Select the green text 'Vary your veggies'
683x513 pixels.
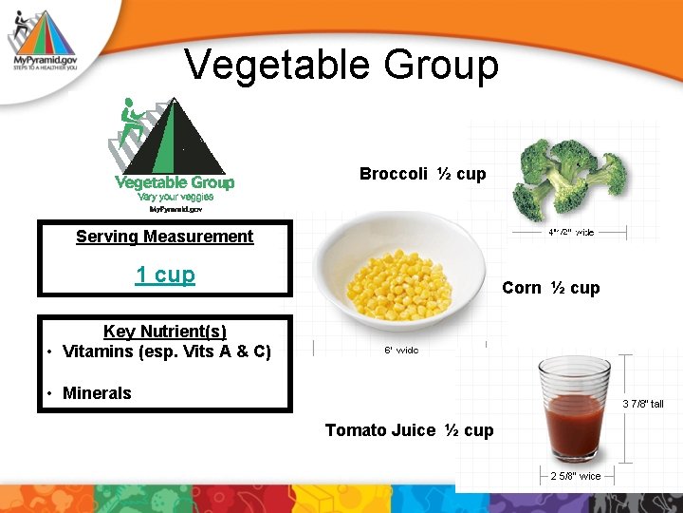tap(175, 197)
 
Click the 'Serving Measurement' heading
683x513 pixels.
tap(164, 237)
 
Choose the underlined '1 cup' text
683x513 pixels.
tap(165, 275)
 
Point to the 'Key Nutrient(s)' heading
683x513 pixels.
tap(164, 332)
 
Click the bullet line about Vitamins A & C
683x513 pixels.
tap(166, 351)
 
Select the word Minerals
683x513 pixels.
tap(97, 393)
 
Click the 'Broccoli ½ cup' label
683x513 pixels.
tap(422, 174)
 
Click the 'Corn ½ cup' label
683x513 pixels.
tap(550, 288)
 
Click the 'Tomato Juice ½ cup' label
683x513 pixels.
tap(409, 430)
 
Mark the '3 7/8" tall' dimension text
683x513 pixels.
tap(642, 404)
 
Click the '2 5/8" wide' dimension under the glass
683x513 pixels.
tap(575, 476)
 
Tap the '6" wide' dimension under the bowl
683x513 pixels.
tap(400, 351)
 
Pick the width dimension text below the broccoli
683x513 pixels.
tap(570, 232)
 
